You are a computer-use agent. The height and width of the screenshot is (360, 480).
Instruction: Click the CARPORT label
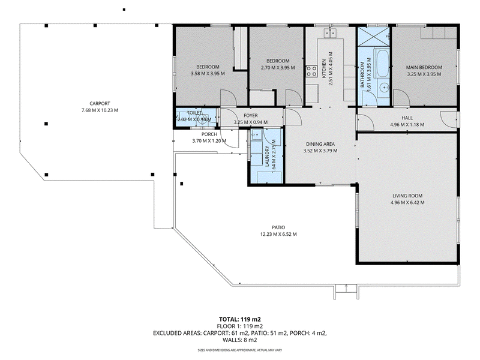click(x=100, y=103)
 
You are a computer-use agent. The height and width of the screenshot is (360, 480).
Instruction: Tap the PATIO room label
click(x=278, y=227)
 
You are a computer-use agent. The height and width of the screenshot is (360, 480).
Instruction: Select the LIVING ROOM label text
click(x=407, y=196)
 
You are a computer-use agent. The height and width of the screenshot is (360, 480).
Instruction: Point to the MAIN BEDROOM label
click(x=424, y=67)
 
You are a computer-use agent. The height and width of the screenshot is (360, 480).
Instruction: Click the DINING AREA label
click(x=320, y=144)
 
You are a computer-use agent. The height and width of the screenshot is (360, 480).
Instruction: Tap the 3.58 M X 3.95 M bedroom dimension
click(x=208, y=73)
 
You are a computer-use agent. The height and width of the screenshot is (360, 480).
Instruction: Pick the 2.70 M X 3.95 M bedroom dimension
click(x=278, y=68)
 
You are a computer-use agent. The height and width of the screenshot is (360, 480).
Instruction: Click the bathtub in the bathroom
click(x=382, y=64)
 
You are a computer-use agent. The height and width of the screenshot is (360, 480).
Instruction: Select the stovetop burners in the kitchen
click(x=311, y=71)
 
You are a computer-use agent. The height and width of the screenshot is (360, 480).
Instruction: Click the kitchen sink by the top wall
click(x=330, y=33)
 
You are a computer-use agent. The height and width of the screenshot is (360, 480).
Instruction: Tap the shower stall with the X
click(x=373, y=37)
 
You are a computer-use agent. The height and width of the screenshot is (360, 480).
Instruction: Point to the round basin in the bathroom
click(x=383, y=88)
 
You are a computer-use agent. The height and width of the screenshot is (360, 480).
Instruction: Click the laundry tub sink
click(x=256, y=134)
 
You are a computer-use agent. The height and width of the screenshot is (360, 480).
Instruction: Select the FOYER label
click(x=250, y=115)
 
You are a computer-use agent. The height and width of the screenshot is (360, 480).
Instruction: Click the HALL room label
click(x=407, y=118)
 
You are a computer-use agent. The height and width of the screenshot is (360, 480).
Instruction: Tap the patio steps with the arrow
click(x=346, y=292)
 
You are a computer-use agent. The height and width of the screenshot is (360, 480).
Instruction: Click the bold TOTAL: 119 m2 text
click(x=239, y=320)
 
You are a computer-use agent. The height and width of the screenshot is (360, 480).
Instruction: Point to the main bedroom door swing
click(x=401, y=97)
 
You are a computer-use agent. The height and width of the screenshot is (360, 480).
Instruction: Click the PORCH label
click(x=209, y=134)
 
